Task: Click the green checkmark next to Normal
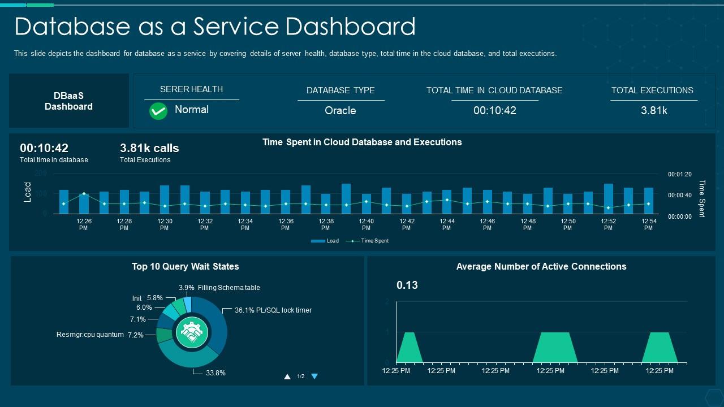coord(158,111)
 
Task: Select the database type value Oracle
coord(340,111)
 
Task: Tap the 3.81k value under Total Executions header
coord(654,111)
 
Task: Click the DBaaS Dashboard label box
coord(68,101)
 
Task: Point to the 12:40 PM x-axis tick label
coord(366,224)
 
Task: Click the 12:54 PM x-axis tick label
coord(648,224)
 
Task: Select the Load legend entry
coord(325,241)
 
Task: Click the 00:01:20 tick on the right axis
coord(680,175)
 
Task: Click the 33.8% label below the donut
coord(215,373)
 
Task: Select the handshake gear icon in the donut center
coord(192,332)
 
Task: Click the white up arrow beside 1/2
coord(287,376)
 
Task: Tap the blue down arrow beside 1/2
coord(314,376)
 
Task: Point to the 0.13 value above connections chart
coord(407,285)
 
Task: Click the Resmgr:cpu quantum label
coord(90,335)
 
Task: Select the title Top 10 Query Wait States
coord(186,267)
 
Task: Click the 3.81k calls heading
coord(149,148)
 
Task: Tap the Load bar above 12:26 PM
coord(84,204)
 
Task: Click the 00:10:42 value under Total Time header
coord(495,111)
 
